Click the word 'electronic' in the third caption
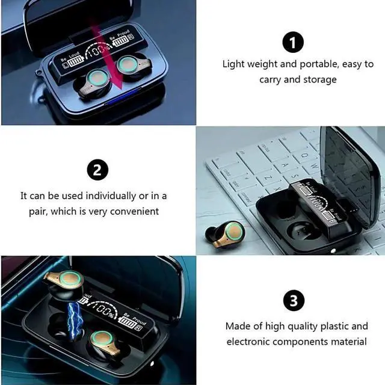(248, 342)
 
